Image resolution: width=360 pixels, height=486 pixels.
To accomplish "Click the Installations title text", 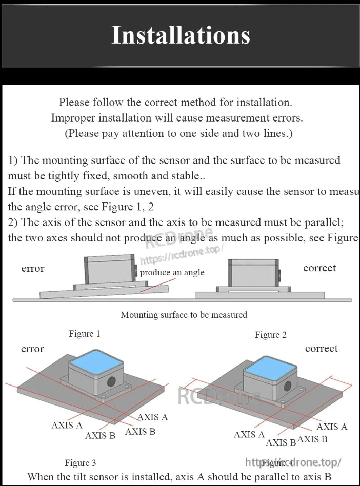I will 181,35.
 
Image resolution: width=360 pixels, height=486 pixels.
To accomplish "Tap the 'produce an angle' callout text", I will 172,273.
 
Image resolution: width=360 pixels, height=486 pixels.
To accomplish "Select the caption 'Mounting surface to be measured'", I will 184,315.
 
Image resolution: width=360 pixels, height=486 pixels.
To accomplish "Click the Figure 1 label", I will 85,334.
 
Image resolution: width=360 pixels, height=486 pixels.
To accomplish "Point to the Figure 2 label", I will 271,335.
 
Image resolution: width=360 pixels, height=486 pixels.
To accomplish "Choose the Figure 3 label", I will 81,463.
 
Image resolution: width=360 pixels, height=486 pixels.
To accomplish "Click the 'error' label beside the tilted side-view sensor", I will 33,269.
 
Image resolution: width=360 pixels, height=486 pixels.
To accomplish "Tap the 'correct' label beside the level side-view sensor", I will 319,268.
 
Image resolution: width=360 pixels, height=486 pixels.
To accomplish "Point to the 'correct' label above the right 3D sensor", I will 322,349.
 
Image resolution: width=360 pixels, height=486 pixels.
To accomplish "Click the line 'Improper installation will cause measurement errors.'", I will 177,118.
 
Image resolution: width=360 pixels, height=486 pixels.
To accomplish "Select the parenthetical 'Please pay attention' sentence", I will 178,134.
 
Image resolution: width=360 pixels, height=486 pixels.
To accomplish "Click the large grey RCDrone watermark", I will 219,395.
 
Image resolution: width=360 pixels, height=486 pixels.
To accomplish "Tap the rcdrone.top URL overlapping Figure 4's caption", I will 293,462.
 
